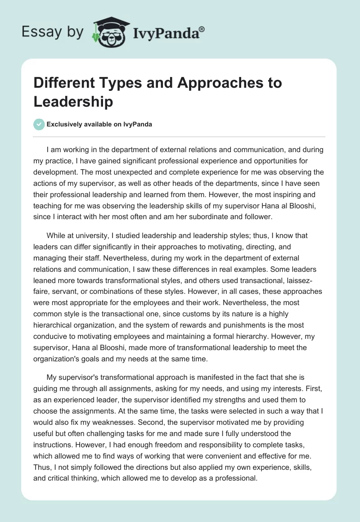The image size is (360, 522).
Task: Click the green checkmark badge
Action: point(39,124)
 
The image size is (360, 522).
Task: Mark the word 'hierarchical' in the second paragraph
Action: point(54,324)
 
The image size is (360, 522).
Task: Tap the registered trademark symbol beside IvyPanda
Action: point(202,29)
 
